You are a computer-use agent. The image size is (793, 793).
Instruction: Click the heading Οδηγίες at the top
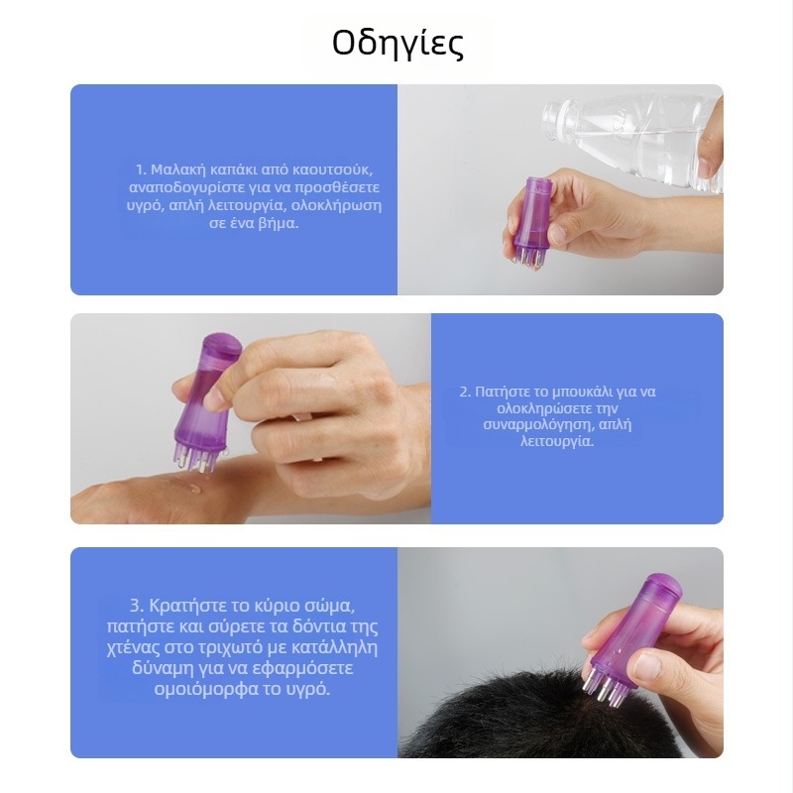[x=397, y=45]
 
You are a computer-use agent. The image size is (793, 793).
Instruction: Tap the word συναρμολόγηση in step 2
[x=538, y=424]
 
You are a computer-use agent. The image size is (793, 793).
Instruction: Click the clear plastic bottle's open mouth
[x=548, y=121]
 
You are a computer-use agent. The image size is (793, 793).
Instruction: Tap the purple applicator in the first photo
[x=529, y=219]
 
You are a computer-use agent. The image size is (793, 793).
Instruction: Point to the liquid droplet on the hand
[x=193, y=488]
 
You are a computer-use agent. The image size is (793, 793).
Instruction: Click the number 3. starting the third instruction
[x=138, y=606]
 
